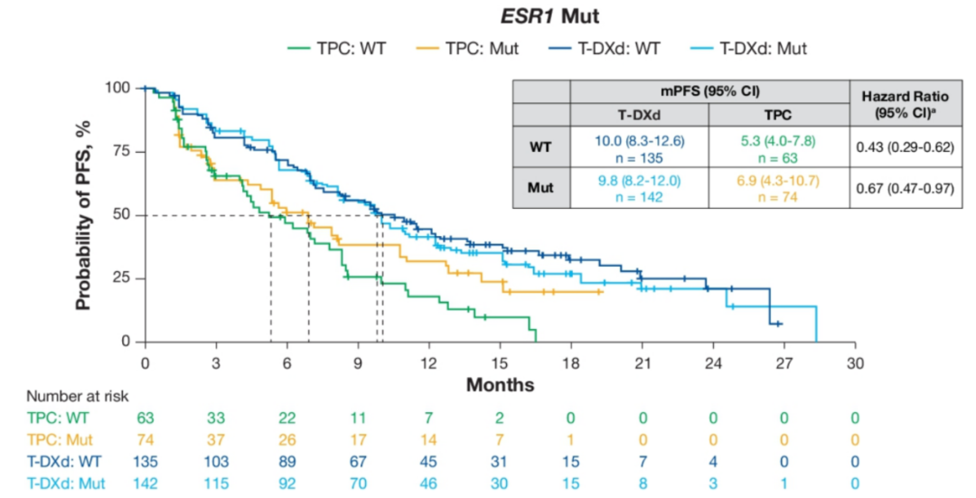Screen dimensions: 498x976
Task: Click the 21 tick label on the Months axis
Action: (x=642, y=362)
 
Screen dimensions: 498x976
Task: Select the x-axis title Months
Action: (x=500, y=385)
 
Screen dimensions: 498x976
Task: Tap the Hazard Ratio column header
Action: (x=904, y=104)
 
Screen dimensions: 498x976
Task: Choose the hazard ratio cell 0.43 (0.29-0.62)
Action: (x=904, y=146)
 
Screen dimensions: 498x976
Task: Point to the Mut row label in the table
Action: (x=540, y=187)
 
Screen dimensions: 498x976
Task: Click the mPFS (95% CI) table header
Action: (x=709, y=92)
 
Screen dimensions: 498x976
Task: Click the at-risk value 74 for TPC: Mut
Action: (x=145, y=440)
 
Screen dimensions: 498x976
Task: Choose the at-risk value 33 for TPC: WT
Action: (x=216, y=418)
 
